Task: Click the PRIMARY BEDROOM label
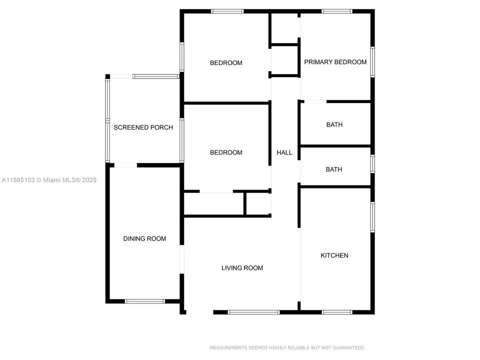click(335, 62)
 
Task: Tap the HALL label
click(284, 152)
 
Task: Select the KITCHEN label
click(334, 255)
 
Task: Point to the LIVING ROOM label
click(242, 268)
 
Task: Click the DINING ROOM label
click(144, 238)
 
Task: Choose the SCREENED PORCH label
click(143, 127)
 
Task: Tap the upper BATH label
click(334, 124)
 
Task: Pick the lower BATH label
click(334, 169)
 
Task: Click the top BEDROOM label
click(226, 63)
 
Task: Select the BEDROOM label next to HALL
click(226, 152)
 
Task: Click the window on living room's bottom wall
click(253, 312)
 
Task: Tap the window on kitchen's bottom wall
click(337, 312)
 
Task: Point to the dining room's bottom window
click(144, 301)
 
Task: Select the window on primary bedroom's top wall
click(336, 11)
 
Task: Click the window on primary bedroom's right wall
click(372, 62)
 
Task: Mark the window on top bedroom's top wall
click(227, 11)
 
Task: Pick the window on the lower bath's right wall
click(372, 164)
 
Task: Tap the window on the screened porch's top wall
click(155, 76)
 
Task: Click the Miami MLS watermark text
click(49, 180)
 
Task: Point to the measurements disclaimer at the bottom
click(287, 347)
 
